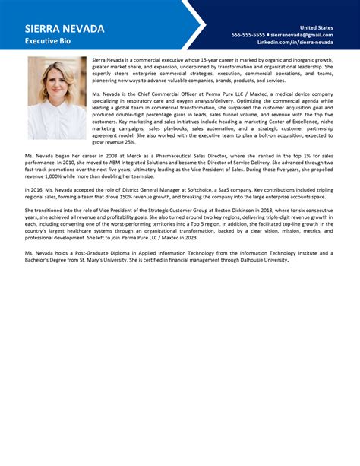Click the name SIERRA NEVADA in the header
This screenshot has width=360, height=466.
click(x=64, y=28)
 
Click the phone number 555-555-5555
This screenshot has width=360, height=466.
click(x=248, y=34)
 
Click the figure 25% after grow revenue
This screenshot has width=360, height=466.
click(x=130, y=141)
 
